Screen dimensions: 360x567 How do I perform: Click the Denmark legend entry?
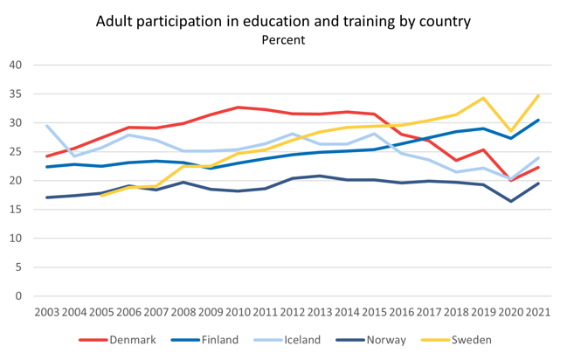121,340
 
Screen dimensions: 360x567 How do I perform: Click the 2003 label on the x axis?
47,311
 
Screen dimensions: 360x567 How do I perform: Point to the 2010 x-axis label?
239,311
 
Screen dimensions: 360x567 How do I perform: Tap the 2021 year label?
538,311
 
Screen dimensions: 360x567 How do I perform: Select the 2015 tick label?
375,311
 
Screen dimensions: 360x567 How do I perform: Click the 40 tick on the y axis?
16,66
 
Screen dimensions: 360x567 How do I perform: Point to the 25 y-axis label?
16,152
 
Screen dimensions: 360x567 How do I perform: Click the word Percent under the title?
284,40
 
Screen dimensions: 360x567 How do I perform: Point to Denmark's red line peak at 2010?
239,107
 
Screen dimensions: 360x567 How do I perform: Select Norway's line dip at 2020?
511,202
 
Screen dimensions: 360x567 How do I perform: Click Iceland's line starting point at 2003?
47,126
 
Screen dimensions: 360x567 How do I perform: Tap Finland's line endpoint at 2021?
538,121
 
